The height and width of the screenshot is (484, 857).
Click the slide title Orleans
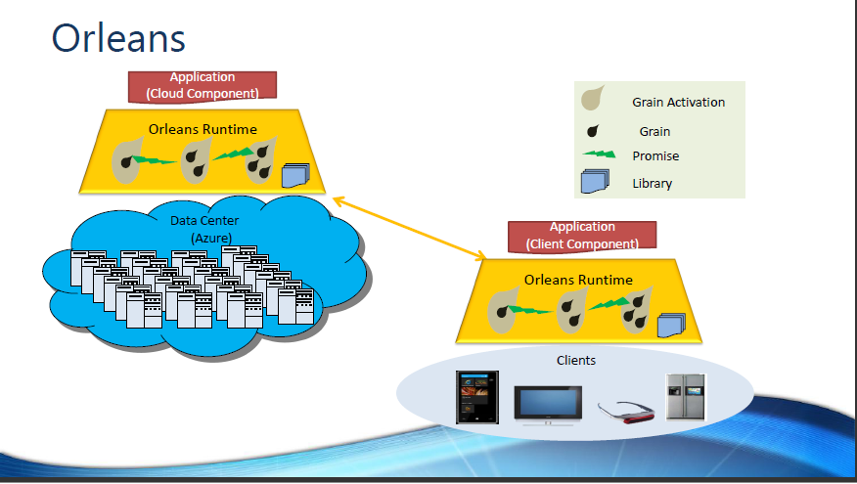coord(117,37)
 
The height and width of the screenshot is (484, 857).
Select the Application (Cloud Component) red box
coord(203,85)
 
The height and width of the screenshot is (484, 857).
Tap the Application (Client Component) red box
coord(582,235)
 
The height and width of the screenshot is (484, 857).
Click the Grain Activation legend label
coord(678,102)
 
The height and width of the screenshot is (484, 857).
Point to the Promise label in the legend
coord(655,155)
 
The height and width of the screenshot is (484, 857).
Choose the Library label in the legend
coord(653,183)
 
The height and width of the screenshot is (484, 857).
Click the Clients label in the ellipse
coord(576,360)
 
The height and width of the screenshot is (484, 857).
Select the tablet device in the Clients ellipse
coord(478,397)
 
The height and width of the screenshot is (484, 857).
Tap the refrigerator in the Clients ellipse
coord(686,397)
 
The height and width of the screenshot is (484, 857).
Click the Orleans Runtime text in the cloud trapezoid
coord(203,128)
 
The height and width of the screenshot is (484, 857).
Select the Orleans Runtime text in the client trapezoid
coord(578,280)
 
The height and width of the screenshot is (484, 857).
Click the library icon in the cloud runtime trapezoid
coord(294,175)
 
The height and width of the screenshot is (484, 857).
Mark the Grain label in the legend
coord(654,131)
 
